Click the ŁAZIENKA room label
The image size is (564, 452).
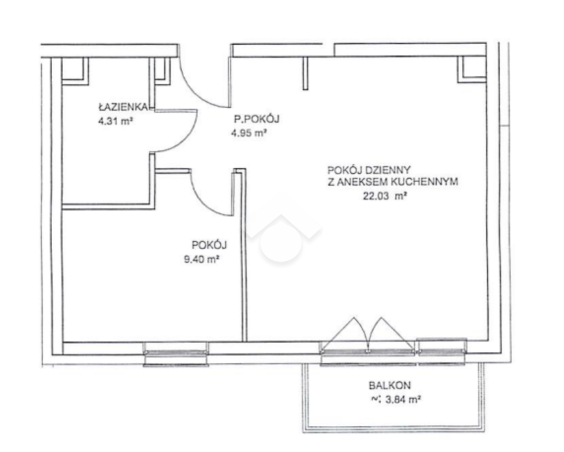pyautogui.click(x=122, y=107)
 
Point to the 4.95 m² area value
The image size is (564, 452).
pyautogui.click(x=249, y=133)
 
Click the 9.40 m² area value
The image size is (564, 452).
pyautogui.click(x=202, y=259)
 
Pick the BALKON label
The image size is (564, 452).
pyautogui.click(x=389, y=385)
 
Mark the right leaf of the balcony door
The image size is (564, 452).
pyautogui.click(x=390, y=333)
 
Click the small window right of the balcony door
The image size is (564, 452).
pyautogui.click(x=442, y=352)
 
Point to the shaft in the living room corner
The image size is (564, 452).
pyautogui.click(x=472, y=69)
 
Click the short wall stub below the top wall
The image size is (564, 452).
pyautogui.click(x=306, y=73)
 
